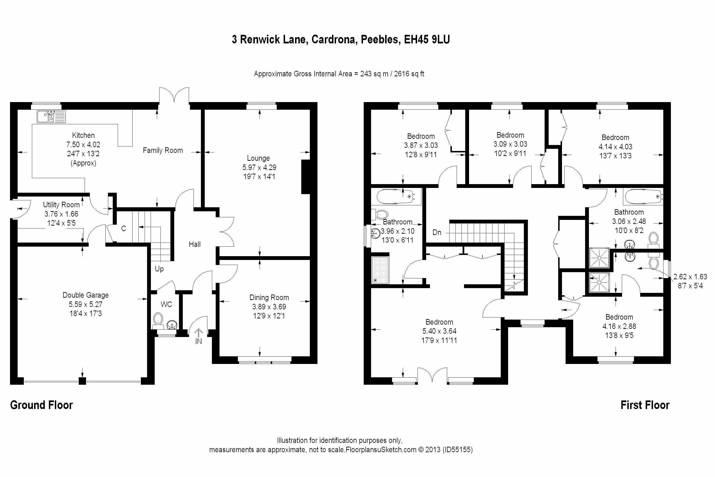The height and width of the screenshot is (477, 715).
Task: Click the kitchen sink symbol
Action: pyautogui.click(x=51, y=117)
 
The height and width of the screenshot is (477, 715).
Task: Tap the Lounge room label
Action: pyautogui.click(x=258, y=158)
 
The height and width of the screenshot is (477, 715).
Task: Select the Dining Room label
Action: pyautogui.click(x=269, y=297)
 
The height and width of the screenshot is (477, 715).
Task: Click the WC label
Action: pyautogui.click(x=166, y=304)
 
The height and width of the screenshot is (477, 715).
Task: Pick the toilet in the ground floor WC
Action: pyautogui.click(x=158, y=320)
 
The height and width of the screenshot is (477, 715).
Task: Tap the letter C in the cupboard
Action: pyautogui.click(x=123, y=229)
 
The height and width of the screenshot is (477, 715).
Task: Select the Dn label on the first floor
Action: pyautogui.click(x=437, y=232)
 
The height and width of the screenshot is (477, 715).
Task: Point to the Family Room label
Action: pyautogui.click(x=163, y=150)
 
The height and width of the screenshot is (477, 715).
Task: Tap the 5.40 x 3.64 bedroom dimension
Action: pyautogui.click(x=439, y=331)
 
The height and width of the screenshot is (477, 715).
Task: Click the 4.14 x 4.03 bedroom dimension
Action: pyautogui.click(x=615, y=147)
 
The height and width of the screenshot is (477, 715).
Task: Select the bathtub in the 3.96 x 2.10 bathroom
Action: pyautogui.click(x=395, y=197)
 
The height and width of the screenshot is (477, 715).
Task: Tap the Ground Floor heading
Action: pyautogui.click(x=41, y=405)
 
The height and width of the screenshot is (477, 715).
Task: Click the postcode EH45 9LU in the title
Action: pyautogui.click(x=427, y=40)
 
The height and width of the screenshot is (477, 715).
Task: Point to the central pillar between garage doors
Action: pyautogui.click(x=82, y=381)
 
